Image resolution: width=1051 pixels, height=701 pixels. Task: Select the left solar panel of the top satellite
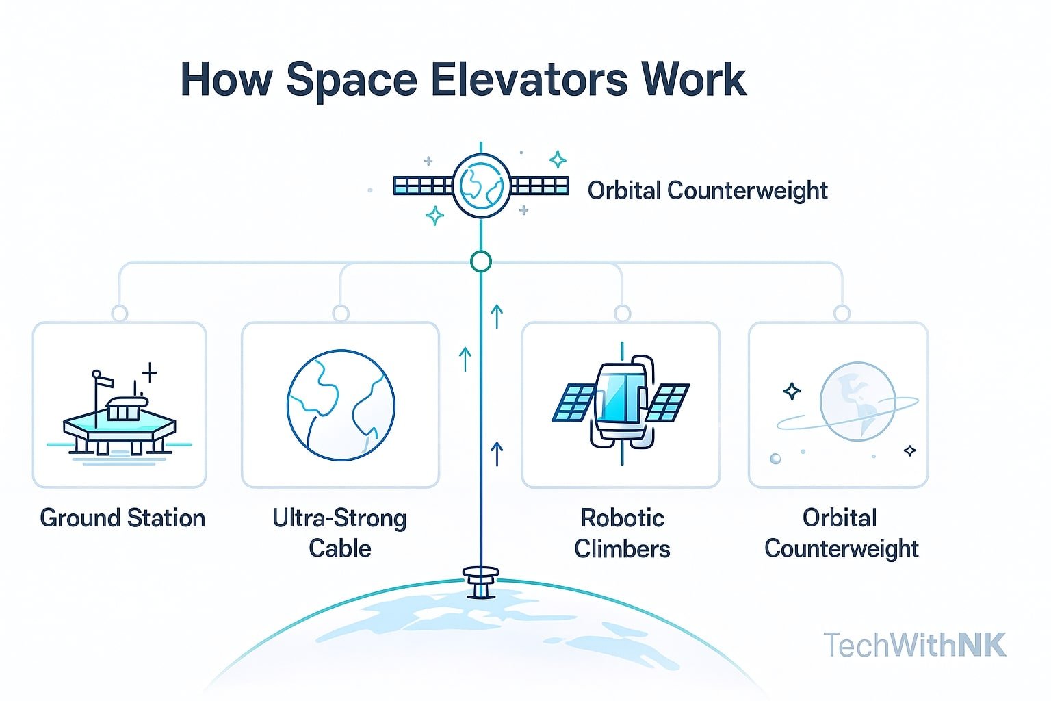click(422, 186)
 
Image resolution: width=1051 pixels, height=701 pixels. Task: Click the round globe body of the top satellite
click(481, 186)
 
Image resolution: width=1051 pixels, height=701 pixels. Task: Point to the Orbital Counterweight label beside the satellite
click(708, 190)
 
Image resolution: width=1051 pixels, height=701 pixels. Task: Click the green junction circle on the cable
click(481, 262)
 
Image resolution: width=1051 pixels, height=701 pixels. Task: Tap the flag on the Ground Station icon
click(104, 379)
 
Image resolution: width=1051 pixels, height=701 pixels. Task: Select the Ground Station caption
click(122, 518)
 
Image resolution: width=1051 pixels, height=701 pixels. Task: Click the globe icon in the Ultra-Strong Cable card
click(340, 405)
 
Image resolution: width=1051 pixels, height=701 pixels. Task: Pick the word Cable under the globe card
click(340, 548)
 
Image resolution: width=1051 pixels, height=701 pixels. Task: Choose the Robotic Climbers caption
click(622, 533)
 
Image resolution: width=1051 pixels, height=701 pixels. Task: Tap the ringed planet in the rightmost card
click(856, 402)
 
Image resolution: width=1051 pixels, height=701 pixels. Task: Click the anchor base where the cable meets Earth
click(481, 581)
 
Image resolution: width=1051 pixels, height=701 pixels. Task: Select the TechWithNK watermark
click(915, 645)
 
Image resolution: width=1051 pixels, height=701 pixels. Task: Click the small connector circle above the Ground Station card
click(120, 314)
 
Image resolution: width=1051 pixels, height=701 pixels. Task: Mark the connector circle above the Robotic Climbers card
click(622, 314)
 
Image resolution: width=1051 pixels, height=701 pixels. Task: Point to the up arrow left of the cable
click(465, 359)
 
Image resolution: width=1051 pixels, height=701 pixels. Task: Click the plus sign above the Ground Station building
click(149, 373)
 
